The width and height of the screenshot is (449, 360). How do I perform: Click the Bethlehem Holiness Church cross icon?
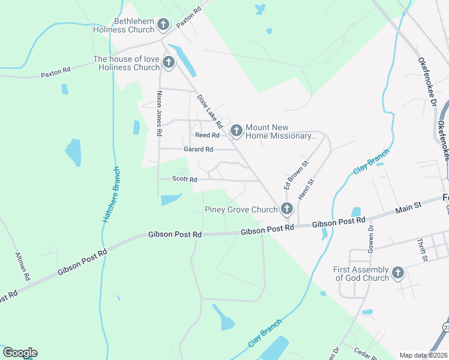(163, 25)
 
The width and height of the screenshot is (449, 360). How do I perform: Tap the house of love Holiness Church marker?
(168, 62)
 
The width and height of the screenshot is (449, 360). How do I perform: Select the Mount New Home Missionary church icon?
(237, 130)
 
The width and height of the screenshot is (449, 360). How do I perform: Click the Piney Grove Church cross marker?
(287, 209)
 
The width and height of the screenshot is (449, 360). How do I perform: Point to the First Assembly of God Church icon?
(397, 274)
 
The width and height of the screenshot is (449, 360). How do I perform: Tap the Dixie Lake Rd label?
(210, 111)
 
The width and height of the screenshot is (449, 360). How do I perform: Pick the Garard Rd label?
(198, 149)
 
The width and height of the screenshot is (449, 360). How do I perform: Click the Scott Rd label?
(184, 179)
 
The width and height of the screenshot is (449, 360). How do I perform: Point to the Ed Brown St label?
(296, 175)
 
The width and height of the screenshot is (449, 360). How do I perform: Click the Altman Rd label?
(22, 267)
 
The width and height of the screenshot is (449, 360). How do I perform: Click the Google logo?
(19, 353)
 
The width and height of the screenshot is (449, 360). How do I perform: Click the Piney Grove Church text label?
(241, 209)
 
